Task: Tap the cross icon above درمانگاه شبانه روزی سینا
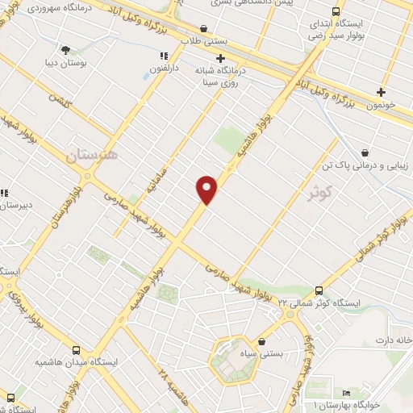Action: [220, 58]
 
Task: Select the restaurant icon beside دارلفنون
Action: [164, 56]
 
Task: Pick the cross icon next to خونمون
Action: [381, 92]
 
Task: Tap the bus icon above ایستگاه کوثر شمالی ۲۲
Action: [319, 290]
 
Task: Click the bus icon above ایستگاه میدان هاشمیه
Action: [77, 350]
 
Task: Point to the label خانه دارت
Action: [395, 340]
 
